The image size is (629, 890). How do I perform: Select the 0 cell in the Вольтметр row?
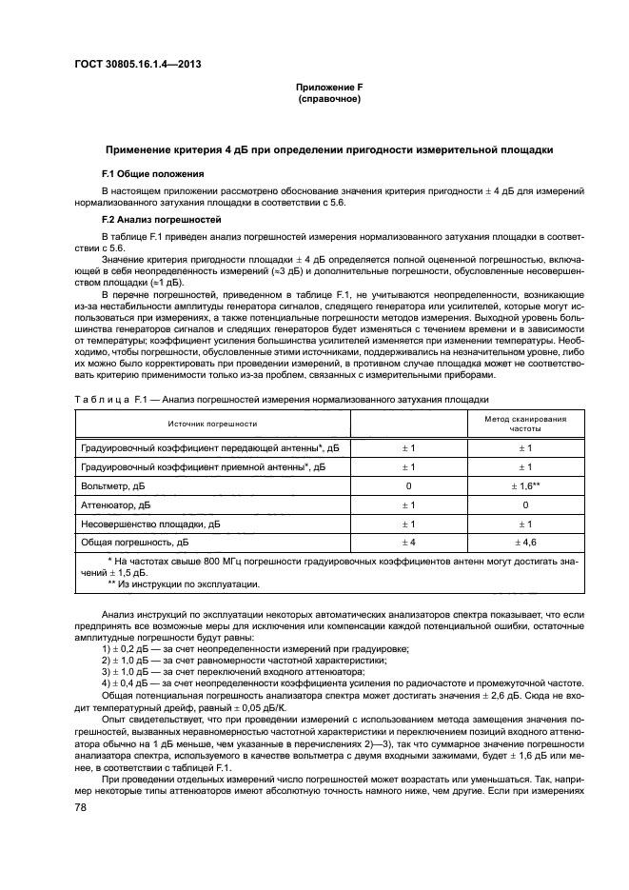(408, 485)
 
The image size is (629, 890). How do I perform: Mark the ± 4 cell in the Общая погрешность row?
(408, 542)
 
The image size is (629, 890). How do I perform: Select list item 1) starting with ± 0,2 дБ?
(251, 648)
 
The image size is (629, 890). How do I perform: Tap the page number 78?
(82, 807)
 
